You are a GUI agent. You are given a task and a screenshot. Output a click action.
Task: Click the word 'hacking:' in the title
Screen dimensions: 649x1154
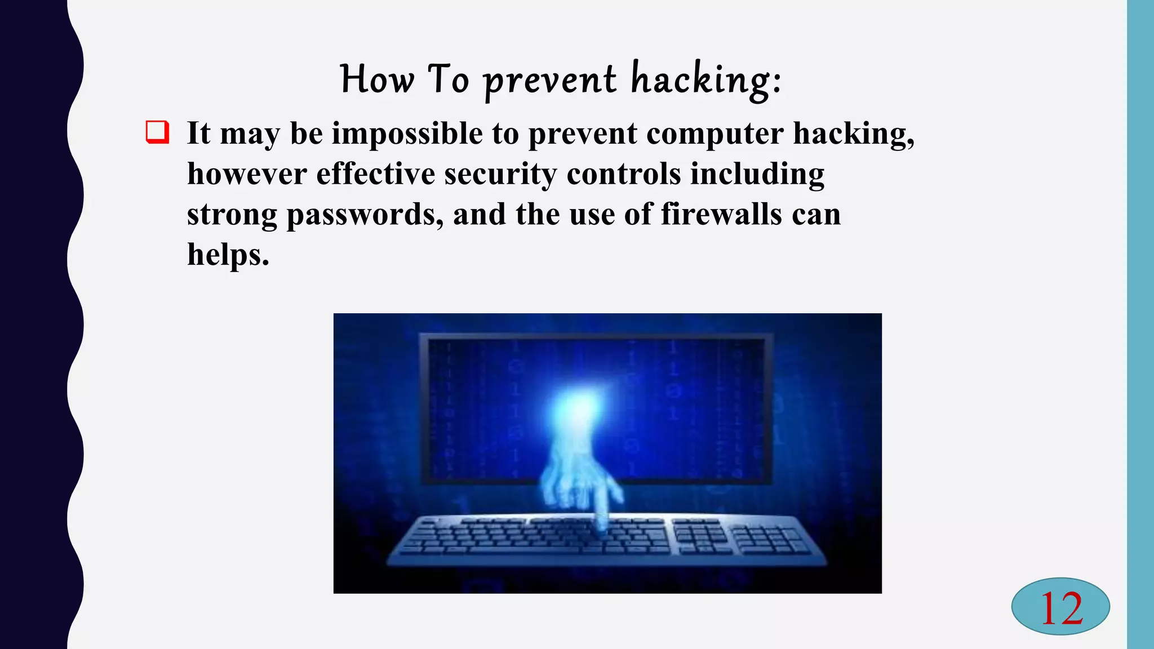tap(705, 80)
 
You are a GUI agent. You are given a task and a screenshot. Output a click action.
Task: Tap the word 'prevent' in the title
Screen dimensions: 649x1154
tap(549, 80)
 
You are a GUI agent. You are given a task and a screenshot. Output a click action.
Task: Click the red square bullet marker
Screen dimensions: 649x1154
tap(157, 132)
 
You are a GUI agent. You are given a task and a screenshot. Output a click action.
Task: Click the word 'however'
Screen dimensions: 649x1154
tap(247, 174)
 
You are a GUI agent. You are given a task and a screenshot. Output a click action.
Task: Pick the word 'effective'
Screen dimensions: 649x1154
tap(375, 174)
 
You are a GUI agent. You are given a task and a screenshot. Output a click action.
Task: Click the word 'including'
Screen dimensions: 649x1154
tap(757, 175)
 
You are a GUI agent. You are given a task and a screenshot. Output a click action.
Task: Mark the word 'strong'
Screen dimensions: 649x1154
tap(232, 215)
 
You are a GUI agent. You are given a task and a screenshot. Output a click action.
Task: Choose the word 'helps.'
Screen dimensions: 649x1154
tap(228, 255)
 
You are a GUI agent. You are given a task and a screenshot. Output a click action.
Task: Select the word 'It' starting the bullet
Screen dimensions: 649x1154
tap(198, 134)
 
